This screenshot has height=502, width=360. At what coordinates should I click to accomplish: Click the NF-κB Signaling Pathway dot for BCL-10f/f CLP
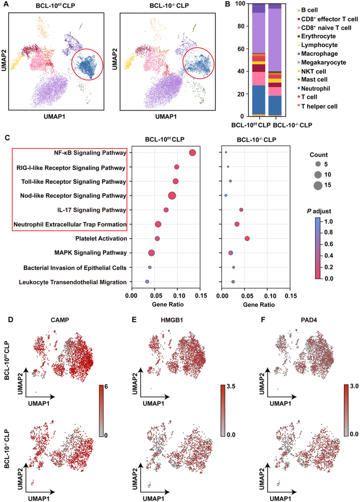point(192,153)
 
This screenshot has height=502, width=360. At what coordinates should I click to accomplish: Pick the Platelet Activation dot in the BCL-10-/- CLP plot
point(247,238)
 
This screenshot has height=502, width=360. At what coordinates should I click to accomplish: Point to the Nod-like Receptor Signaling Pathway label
point(73,196)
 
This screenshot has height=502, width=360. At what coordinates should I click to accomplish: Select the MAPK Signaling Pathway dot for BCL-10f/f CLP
point(152,253)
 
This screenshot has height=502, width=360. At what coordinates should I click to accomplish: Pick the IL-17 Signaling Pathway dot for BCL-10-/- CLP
point(241,210)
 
